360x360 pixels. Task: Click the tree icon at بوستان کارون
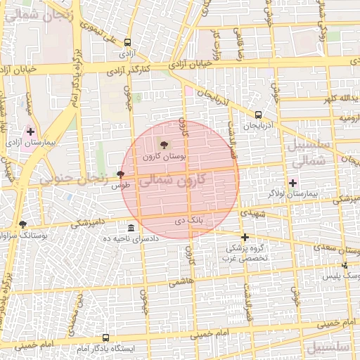tap(165, 145)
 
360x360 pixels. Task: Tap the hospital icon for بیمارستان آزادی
tap(30, 131)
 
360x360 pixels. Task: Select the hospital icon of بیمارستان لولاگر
tap(293, 183)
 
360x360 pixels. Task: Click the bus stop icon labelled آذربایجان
tap(258, 114)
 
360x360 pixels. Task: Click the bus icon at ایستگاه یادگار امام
tap(105, 337)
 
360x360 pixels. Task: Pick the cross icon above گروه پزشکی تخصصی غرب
tap(245, 237)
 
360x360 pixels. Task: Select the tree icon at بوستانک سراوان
tap(22, 224)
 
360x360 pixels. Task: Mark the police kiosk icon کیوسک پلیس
tap(345, 265)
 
